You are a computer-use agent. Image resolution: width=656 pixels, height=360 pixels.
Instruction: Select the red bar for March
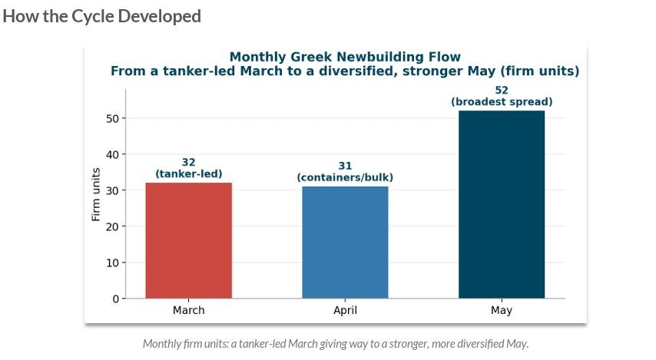[189, 240]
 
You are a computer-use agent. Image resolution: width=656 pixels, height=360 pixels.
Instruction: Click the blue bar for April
[345, 243]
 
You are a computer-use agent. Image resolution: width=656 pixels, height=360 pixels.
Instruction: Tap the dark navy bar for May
[502, 204]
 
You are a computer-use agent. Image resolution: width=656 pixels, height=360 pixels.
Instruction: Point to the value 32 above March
[189, 162]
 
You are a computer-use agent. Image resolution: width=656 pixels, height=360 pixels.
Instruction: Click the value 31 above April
[345, 166]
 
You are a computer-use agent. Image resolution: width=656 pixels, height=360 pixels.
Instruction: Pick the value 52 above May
[502, 91]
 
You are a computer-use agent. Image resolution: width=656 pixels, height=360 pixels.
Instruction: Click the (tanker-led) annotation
[189, 173]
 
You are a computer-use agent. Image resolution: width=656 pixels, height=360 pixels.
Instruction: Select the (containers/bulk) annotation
[345, 177]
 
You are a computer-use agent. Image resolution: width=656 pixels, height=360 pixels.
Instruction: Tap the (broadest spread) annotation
[502, 101]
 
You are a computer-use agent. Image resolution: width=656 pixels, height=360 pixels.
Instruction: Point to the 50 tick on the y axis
[113, 119]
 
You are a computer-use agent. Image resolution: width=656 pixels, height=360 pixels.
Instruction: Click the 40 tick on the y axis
[113, 155]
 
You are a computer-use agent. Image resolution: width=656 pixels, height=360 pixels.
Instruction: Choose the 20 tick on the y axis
[113, 226]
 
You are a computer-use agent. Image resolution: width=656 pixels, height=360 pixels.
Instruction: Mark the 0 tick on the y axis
[116, 299]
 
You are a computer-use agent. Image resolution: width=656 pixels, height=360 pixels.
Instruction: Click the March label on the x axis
[189, 310]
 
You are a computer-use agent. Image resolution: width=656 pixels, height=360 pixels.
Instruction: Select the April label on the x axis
[345, 311]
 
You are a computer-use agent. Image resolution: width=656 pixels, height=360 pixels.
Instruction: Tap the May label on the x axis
[502, 311]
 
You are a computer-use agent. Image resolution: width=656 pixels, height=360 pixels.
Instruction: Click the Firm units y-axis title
[96, 194]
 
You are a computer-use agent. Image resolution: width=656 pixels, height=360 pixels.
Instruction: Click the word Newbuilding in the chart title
[376, 57]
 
